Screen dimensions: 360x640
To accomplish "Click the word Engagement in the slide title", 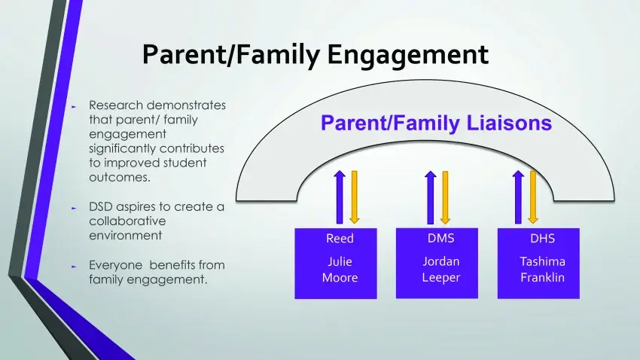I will pyautogui.click(x=407, y=55).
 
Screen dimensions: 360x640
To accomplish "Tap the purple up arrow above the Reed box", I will pyautogui.click(x=339, y=197).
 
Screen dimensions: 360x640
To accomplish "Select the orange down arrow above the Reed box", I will pyautogui.click(x=354, y=197).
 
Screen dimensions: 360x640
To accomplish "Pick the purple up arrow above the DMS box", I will pyautogui.click(x=431, y=197).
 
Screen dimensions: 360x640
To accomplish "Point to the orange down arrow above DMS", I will pyautogui.click(x=445, y=197).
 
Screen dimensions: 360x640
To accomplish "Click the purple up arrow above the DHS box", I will pyautogui.click(x=518, y=197).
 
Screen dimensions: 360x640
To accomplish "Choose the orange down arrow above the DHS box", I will pyautogui.click(x=532, y=197).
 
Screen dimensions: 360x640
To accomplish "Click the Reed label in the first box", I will pyautogui.click(x=340, y=239).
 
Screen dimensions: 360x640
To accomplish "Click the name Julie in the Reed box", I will pyautogui.click(x=340, y=262).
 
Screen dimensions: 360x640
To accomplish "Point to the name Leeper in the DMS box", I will pyautogui.click(x=440, y=277).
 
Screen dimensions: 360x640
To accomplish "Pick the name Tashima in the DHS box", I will pyautogui.click(x=542, y=262).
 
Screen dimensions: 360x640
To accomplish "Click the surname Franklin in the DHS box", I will pyautogui.click(x=542, y=277).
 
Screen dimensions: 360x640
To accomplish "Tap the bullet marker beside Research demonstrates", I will pyautogui.click(x=74, y=106).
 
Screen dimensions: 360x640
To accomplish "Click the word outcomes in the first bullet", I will pyautogui.click(x=119, y=178).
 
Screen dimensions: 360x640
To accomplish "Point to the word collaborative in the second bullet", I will pyautogui.click(x=126, y=221).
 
